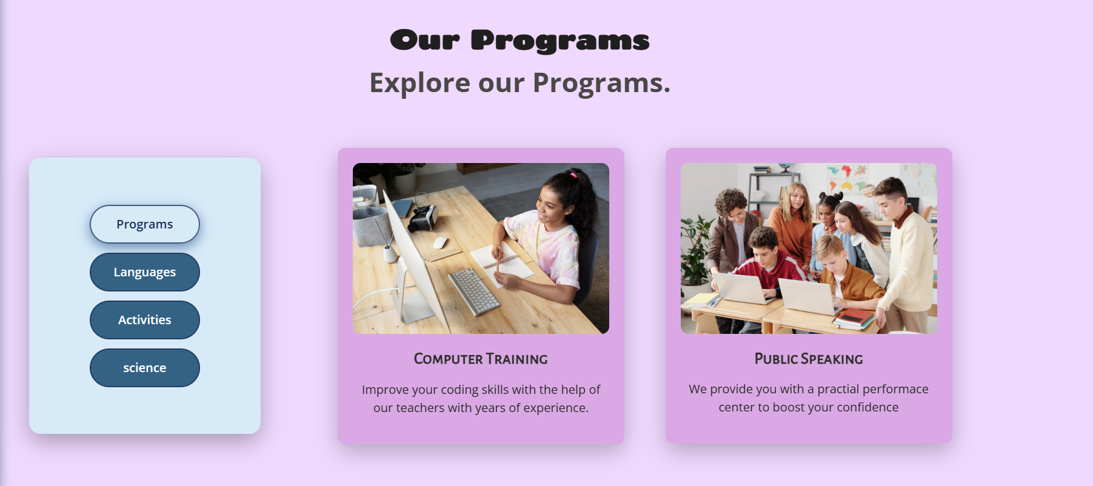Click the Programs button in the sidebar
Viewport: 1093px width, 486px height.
point(145,224)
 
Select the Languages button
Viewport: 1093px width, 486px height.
point(145,272)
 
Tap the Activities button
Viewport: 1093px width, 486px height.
point(145,320)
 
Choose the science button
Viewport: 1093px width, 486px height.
point(145,368)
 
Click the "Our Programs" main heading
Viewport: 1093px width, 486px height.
point(520,41)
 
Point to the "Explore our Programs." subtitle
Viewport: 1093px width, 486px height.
point(520,82)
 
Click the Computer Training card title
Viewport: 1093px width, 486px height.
point(481,359)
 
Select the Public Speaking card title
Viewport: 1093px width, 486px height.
point(809,359)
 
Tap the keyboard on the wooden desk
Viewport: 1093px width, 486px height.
point(474,291)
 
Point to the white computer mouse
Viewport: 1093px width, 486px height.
point(441,242)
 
